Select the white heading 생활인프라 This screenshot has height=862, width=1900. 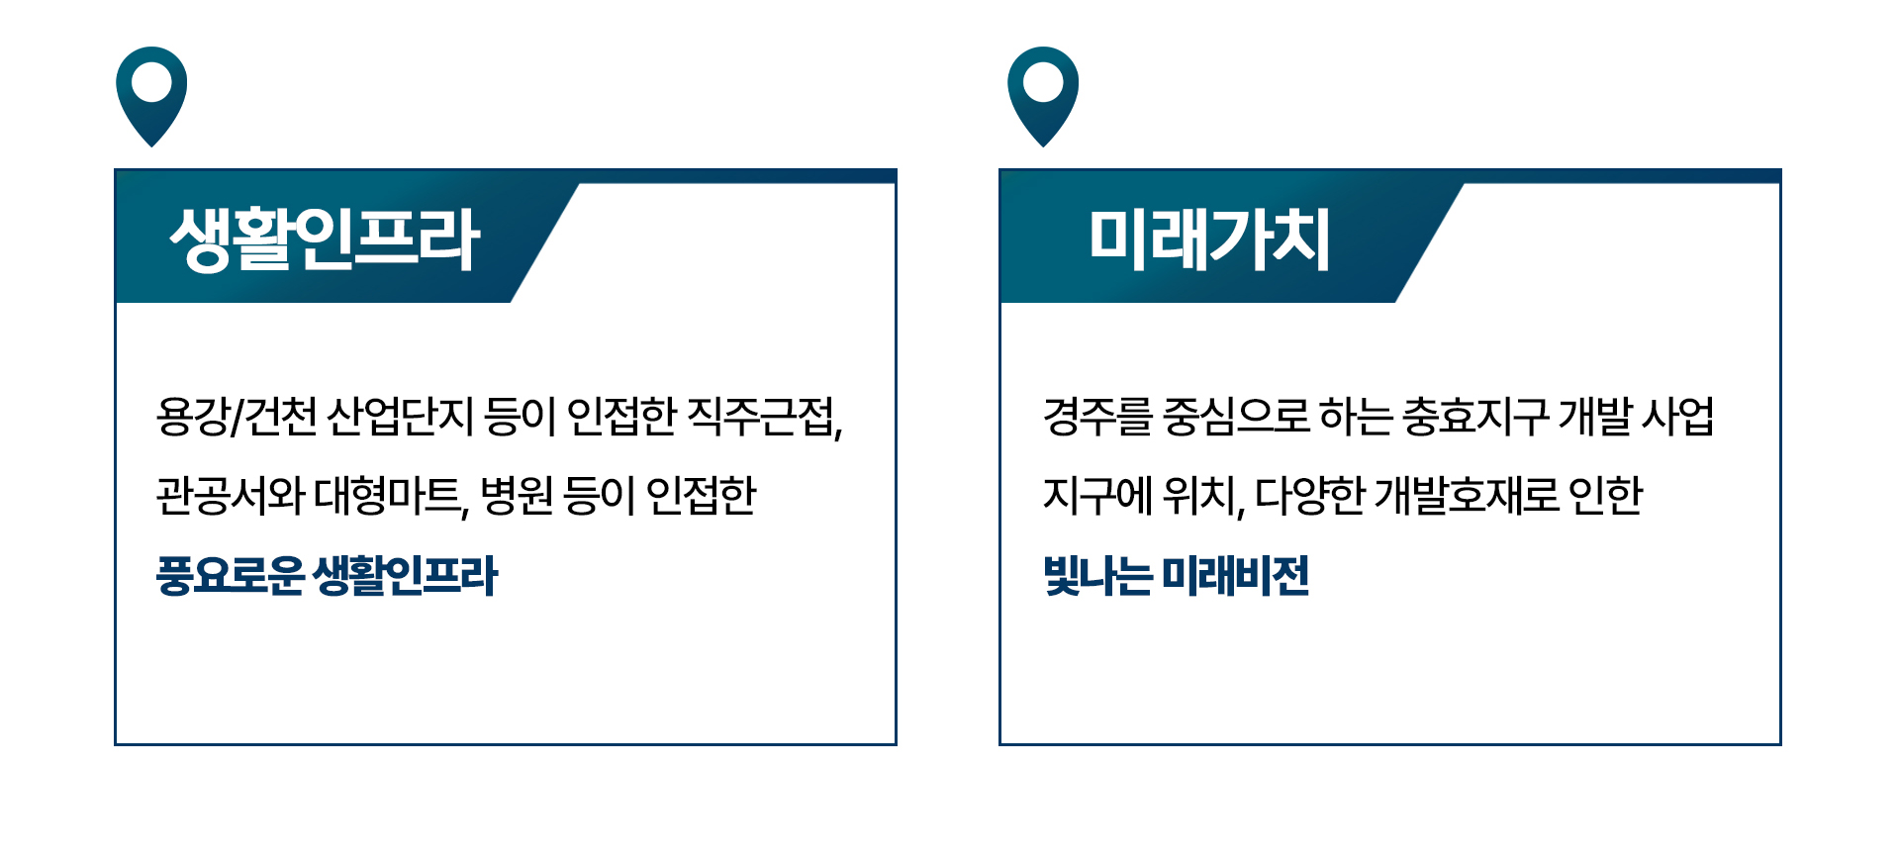point(325,239)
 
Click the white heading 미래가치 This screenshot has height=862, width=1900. point(1209,239)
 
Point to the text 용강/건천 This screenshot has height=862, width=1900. point(237,417)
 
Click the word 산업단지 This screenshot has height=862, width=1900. point(401,417)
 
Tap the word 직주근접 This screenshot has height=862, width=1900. point(764,417)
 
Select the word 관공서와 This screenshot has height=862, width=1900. point(230,495)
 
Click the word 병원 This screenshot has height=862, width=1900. point(517,495)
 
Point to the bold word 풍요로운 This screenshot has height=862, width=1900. point(230,575)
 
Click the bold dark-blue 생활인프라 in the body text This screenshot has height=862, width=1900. point(405,575)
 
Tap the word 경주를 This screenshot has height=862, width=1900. point(1098,417)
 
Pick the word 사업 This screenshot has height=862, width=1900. point(1678,417)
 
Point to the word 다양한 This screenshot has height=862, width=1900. point(1309,495)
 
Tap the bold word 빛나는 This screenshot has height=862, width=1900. point(1098,575)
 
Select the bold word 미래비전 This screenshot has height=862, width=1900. point(1236,575)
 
